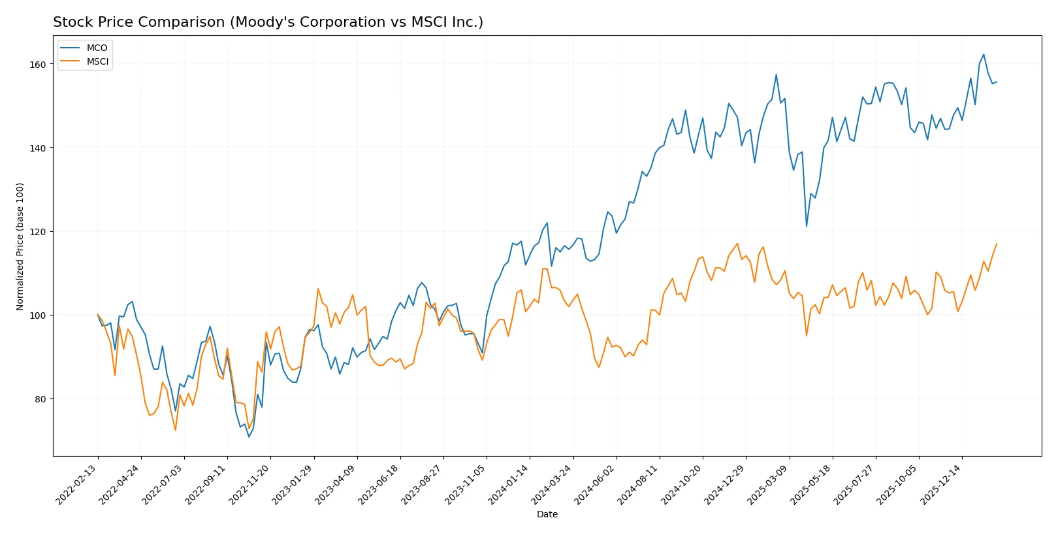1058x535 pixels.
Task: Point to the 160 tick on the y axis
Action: [x=38, y=65]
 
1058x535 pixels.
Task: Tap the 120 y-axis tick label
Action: [x=38, y=232]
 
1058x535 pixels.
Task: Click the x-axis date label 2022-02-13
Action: [x=76, y=485]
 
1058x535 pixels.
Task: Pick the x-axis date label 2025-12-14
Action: [x=940, y=485]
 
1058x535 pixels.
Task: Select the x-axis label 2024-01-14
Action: [x=508, y=485]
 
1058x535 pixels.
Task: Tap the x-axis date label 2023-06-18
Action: [x=379, y=485]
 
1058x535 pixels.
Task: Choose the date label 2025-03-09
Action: [x=767, y=485]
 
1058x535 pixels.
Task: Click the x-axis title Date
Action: [x=547, y=515]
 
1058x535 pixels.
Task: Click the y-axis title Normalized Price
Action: [x=20, y=246]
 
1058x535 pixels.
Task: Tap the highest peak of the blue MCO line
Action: [x=984, y=55]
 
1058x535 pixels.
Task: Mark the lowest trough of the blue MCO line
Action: [x=249, y=436]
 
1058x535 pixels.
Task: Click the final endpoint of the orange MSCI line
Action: [x=997, y=244]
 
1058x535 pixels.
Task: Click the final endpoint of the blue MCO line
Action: [x=997, y=82]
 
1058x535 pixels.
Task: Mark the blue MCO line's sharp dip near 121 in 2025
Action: [x=807, y=227]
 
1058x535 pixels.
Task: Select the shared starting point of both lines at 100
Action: [x=98, y=315]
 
